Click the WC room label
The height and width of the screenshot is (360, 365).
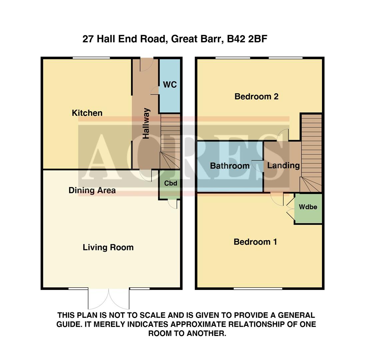click(x=170, y=85)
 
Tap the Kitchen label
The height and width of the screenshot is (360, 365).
click(x=87, y=113)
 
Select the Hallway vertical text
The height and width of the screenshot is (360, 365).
click(x=146, y=123)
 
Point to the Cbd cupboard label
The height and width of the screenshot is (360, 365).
click(x=170, y=183)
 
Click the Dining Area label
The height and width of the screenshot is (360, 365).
click(x=92, y=190)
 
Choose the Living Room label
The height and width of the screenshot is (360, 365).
click(x=108, y=247)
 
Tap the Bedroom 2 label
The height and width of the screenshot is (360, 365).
click(x=256, y=97)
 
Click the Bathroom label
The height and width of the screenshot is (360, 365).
click(x=230, y=166)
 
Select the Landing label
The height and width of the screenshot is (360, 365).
click(x=283, y=165)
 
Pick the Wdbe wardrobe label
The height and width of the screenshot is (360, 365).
click(x=308, y=207)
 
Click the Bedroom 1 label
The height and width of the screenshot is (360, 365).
click(x=255, y=242)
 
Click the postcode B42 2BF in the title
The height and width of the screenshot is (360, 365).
click(x=247, y=39)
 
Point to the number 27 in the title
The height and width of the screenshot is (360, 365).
click(x=88, y=39)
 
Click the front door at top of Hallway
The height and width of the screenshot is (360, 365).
click(x=146, y=63)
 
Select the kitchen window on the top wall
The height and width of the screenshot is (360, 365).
click(x=91, y=58)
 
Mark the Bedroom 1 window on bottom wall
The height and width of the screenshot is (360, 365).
click(x=258, y=288)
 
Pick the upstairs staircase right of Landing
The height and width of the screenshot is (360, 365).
click(x=312, y=153)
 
